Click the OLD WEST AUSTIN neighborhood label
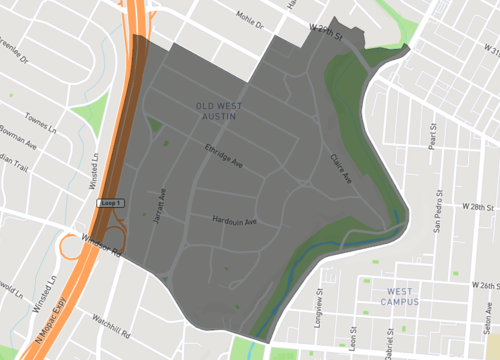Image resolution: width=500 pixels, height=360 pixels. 219,110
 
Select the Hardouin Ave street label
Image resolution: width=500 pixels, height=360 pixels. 235,220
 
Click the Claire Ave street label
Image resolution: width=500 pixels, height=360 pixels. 341,169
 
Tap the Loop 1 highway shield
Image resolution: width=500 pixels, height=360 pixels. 110,203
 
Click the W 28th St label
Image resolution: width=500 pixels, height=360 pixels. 480,206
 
